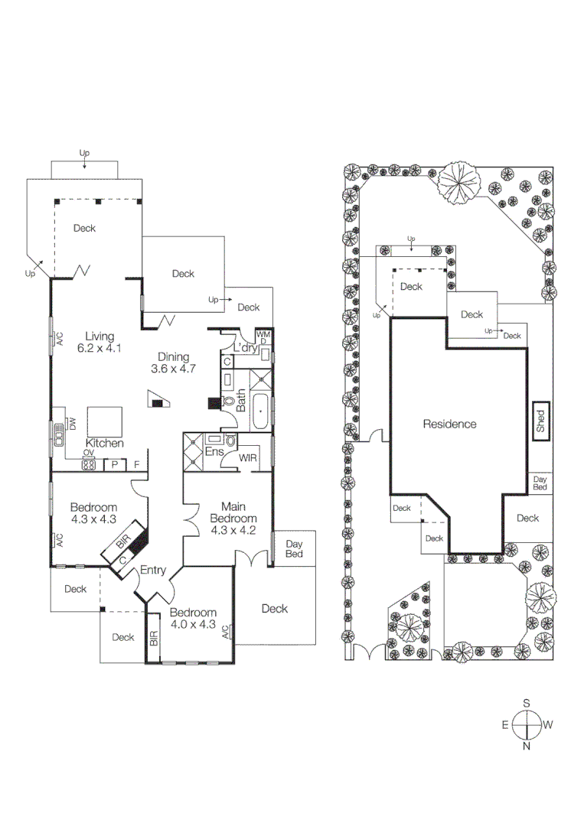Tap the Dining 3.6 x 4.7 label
point(178,362)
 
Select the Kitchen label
point(105,444)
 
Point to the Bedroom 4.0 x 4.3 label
point(193,618)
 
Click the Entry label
point(152,571)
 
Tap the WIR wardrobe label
point(247,458)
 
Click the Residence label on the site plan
point(449,424)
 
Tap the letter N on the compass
point(527,746)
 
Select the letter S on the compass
point(527,702)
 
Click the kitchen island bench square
point(105,421)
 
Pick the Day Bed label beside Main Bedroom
point(294,549)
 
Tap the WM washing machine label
point(263,335)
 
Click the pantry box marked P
point(115,463)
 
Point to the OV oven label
point(88,454)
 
